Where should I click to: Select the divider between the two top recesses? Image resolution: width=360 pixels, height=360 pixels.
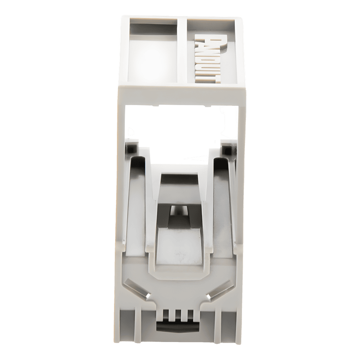[183, 50]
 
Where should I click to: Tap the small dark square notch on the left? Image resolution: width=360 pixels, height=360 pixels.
[132, 148]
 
